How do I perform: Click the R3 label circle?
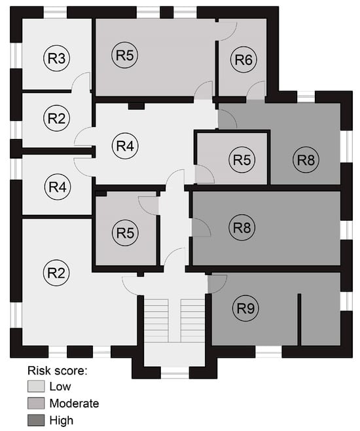coord(57,58)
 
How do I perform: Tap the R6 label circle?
coord(243,60)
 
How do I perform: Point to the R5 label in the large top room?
coord(124,55)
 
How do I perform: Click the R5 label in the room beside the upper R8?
coord(242,159)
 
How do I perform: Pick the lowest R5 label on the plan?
coord(125,233)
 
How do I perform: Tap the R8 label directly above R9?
coord(242,227)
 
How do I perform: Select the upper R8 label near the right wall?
coord(306,160)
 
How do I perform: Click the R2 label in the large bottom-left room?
coord(56,272)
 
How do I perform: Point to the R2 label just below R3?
coord(57,118)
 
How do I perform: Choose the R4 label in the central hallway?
coord(125,145)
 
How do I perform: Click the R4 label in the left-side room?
coord(58,187)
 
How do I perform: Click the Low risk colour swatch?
coord(36,386)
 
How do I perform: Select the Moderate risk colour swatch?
coord(36,403)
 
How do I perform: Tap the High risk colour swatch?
coord(36,421)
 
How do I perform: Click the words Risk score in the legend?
coord(58,371)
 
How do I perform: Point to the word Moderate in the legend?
coord(74,403)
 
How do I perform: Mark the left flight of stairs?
coord(156,320)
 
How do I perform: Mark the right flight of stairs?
coord(192,320)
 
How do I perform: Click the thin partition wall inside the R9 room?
coord(300,320)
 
